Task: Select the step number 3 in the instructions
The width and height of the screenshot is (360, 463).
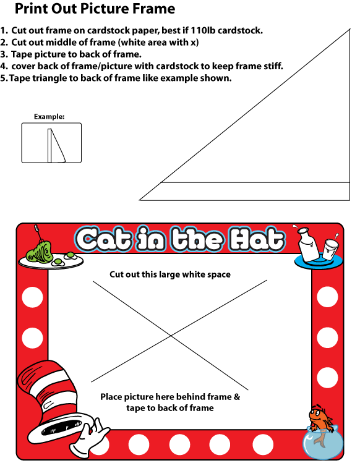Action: pos(4,54)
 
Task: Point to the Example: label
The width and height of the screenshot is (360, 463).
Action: pos(49,117)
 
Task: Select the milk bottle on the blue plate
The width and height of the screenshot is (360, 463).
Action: pos(308,244)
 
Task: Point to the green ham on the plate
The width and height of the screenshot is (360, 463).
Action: pos(39,252)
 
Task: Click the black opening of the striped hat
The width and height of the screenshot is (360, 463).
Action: pos(61,427)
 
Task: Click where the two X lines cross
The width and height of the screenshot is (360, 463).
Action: pos(171,336)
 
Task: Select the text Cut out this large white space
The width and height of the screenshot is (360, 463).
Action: pos(170,274)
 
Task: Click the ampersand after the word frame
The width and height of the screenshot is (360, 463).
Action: pos(237,397)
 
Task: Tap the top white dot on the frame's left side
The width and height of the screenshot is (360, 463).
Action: pos(33,297)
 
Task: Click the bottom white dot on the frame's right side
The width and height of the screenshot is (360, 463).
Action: pos(327,378)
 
